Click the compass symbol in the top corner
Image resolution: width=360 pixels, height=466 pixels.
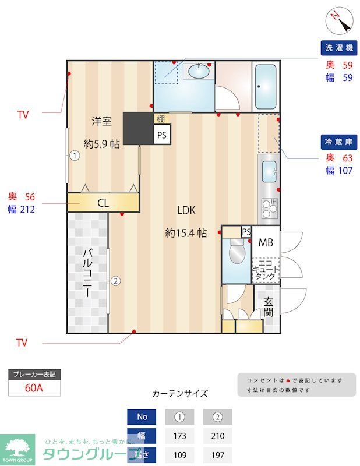click(341, 22)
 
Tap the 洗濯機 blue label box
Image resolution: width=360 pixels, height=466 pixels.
click(338, 48)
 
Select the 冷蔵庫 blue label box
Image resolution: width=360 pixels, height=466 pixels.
click(338, 142)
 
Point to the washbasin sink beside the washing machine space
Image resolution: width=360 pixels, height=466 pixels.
click(199, 72)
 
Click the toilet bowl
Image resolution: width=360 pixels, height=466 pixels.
click(237, 253)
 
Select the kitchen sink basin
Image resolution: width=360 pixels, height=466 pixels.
click(269, 171)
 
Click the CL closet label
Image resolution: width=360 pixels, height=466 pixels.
click(103, 203)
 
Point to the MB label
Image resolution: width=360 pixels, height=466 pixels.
click(266, 242)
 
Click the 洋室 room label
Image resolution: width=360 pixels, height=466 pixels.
click(101, 121)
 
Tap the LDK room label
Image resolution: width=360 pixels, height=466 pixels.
click(186, 210)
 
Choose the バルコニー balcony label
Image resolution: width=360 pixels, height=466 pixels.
click(88, 273)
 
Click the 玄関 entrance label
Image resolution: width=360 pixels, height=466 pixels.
click(268, 306)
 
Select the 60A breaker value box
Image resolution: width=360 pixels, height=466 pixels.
click(34, 388)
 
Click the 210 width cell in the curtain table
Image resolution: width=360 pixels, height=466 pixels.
click(217, 435)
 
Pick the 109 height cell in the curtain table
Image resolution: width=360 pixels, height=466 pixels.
click(179, 454)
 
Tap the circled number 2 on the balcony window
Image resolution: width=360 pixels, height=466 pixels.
click(116, 281)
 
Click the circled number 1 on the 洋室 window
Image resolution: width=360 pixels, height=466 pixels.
click(75, 156)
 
